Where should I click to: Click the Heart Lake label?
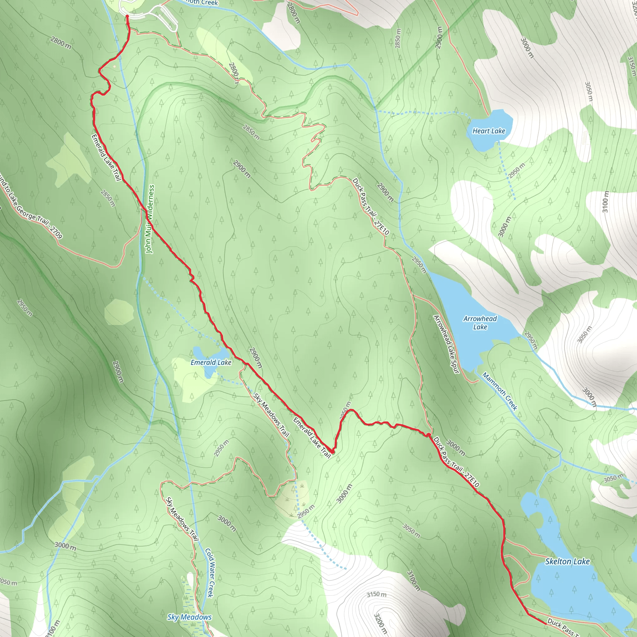click(489, 131)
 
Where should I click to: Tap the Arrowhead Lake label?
click(480, 323)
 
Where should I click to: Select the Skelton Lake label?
click(567, 561)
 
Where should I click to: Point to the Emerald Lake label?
click(211, 362)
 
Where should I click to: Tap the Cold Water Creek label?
click(210, 573)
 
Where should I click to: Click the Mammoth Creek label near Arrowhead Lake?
click(500, 391)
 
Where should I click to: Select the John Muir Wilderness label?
click(150, 219)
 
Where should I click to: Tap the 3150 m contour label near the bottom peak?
click(377, 594)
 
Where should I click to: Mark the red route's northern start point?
click(127, 16)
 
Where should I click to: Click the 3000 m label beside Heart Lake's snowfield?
click(527, 48)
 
